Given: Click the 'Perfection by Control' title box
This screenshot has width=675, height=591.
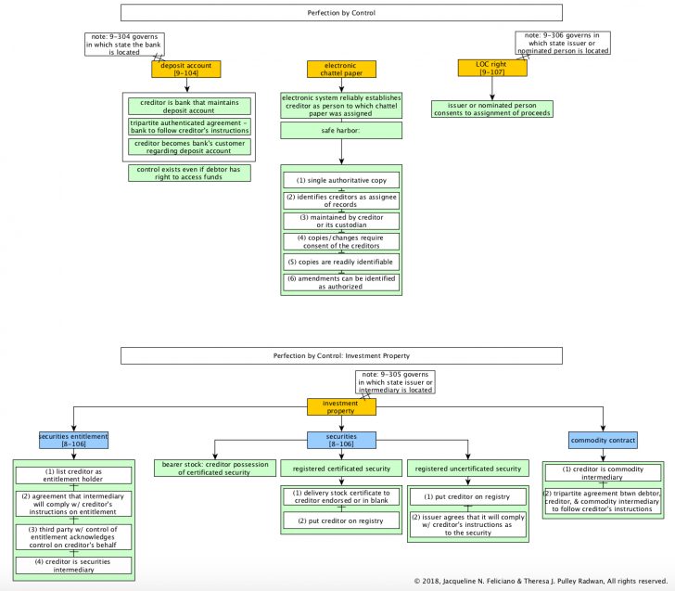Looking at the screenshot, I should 341,13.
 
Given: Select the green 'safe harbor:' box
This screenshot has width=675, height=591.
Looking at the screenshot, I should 341,130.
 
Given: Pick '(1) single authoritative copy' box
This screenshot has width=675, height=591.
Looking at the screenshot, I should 341,180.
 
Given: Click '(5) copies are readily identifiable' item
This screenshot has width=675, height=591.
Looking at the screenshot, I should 341,262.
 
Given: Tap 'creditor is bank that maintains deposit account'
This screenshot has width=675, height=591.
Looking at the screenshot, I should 189,106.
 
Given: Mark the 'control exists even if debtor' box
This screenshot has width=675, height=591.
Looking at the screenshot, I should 189,173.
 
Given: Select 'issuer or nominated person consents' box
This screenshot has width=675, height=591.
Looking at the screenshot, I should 492,109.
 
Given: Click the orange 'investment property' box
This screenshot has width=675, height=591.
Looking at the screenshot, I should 342,406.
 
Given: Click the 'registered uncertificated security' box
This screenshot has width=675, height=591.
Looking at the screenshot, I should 467,469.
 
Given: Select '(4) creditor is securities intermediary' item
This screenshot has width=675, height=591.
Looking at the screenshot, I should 73,563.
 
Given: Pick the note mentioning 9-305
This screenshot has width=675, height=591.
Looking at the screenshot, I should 394,381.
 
